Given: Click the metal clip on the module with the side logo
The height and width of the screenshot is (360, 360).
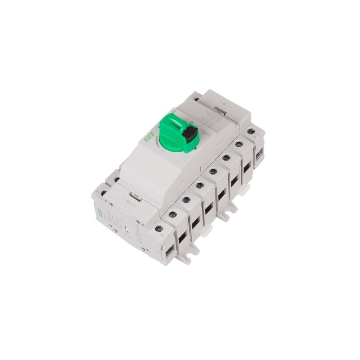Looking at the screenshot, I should tap(131, 197).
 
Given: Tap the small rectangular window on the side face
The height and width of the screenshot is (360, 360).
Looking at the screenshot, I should tap(128, 231).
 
